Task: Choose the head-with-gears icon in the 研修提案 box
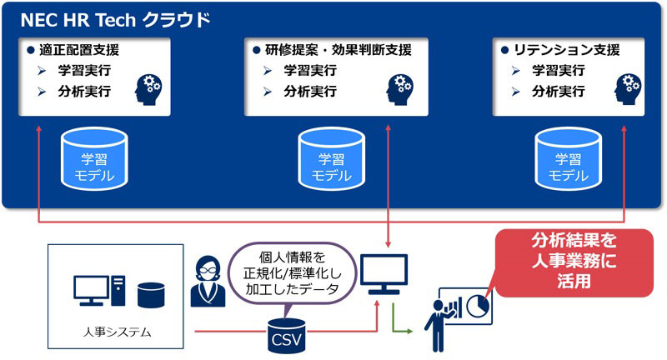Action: (x=402, y=88)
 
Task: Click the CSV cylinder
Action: (x=281, y=334)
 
